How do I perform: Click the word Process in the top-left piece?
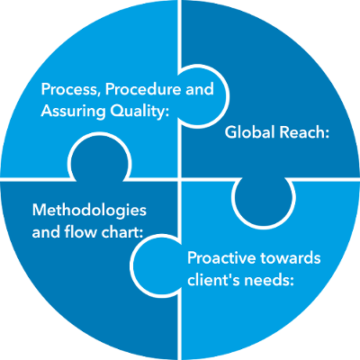69,91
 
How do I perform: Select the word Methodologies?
88,209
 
